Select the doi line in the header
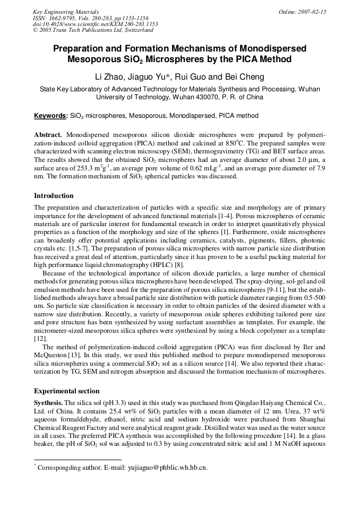[x=95, y=24]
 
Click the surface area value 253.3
[x=88, y=168]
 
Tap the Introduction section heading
[x=54, y=195]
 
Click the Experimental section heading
[x=66, y=391]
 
